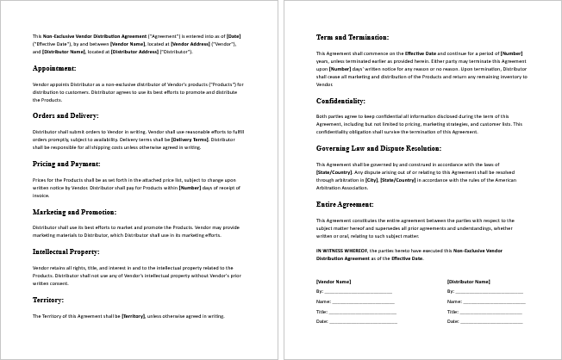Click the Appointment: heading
tap(54, 67)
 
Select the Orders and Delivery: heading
tap(66, 115)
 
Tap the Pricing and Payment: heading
tap(66, 163)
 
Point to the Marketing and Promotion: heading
tap(74, 211)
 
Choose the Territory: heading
tap(48, 300)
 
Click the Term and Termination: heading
tap(353, 38)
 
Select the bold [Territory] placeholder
tap(133, 316)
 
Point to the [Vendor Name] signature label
tap(334, 282)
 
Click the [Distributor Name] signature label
tap(469, 282)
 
